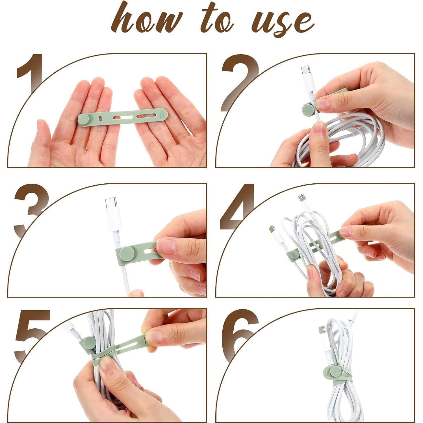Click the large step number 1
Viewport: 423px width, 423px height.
(30, 74)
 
